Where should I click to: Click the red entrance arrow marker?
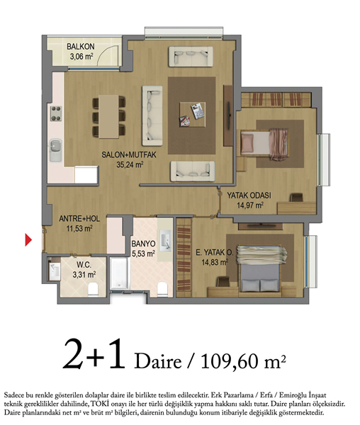coord(28,239)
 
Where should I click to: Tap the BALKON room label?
coord(81,47)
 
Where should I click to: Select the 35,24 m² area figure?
coord(130,164)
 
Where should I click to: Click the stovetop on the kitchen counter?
coord(56,113)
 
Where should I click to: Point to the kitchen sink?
coord(55,150)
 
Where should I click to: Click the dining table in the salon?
coord(108,117)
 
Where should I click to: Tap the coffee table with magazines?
coord(192,114)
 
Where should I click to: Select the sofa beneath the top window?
coord(191,57)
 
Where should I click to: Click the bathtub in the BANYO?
coord(119,273)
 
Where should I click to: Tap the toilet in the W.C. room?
coord(93,289)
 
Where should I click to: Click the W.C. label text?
coord(84,265)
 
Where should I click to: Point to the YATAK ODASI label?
coord(249,195)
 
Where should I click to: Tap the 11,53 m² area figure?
coord(79,229)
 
